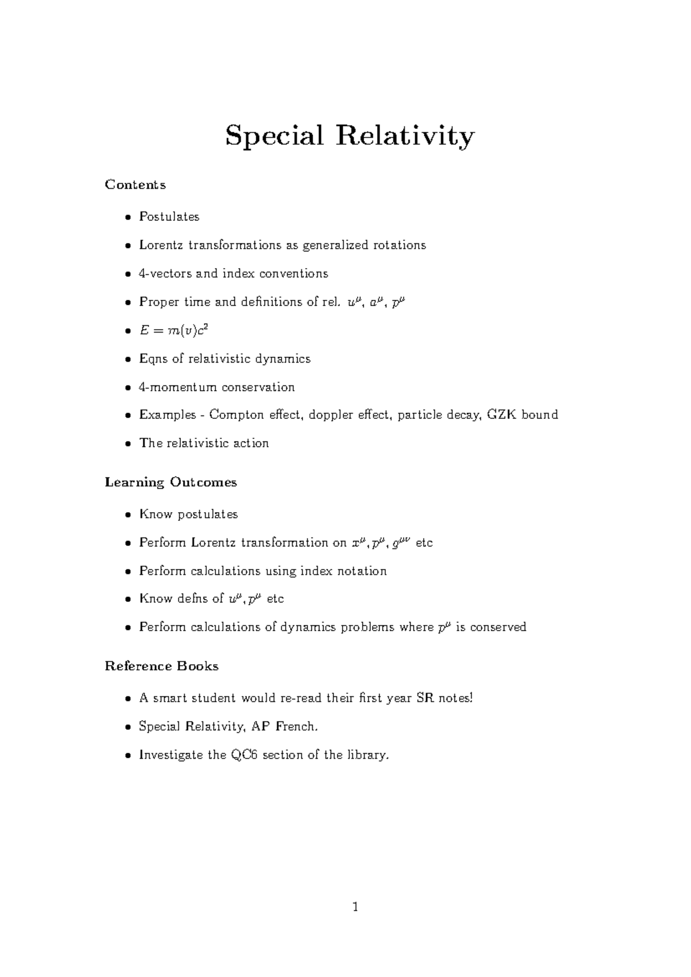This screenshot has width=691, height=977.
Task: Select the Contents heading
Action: (x=135, y=185)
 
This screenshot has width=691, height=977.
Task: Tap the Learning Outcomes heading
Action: (x=171, y=482)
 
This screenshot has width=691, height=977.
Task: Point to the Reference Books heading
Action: (x=162, y=666)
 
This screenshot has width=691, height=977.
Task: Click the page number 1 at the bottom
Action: (x=355, y=907)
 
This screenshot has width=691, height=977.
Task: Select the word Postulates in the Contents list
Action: (x=169, y=217)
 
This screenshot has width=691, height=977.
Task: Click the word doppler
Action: (x=331, y=415)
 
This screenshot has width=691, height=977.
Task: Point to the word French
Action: (x=296, y=727)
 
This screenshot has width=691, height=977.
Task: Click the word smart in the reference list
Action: (x=170, y=699)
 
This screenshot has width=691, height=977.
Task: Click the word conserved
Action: (x=498, y=627)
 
